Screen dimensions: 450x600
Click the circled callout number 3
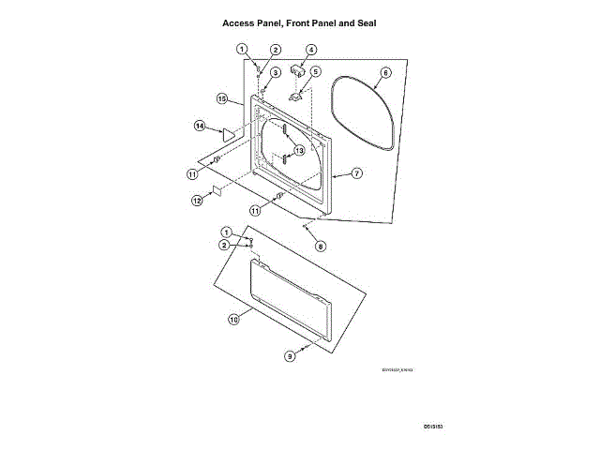(x=276, y=72)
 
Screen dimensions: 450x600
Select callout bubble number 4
(x=311, y=50)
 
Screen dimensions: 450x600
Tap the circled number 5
(x=316, y=71)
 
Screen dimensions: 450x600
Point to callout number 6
(x=385, y=72)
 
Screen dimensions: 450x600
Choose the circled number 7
(x=357, y=173)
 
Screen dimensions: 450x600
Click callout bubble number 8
(x=320, y=247)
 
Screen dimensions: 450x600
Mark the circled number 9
(x=290, y=356)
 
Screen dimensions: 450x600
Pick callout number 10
(x=233, y=319)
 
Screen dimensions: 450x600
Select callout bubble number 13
(x=299, y=150)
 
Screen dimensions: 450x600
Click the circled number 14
(x=200, y=125)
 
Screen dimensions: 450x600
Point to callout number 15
(x=223, y=97)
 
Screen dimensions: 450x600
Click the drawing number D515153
(x=431, y=427)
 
